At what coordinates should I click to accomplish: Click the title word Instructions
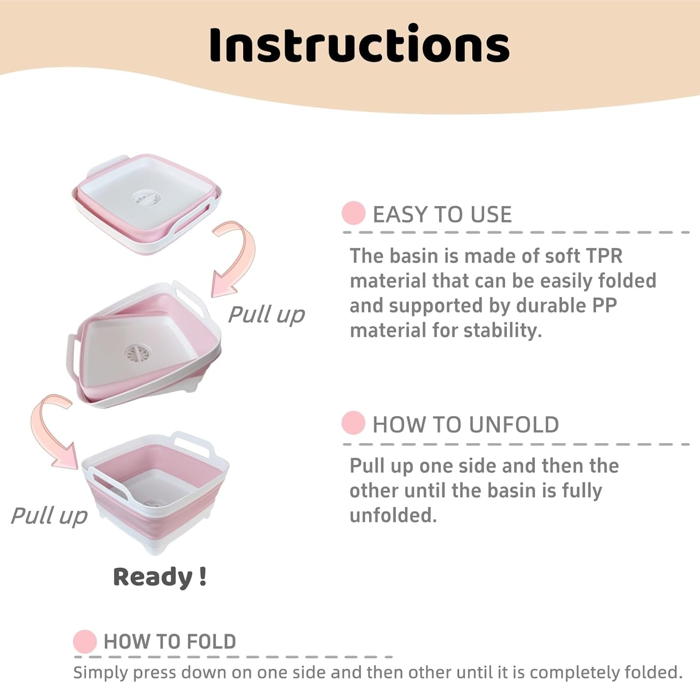point(359,45)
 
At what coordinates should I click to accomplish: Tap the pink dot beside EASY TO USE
point(353,213)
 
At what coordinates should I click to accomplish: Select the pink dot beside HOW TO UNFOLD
point(353,423)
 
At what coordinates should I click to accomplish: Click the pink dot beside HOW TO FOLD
point(85,641)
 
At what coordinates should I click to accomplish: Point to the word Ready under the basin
point(153,577)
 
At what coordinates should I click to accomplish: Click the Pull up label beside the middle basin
point(266,314)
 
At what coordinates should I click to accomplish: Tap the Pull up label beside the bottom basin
point(49,515)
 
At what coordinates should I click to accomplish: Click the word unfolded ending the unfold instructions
point(393,515)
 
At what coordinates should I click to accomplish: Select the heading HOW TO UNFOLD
point(466,425)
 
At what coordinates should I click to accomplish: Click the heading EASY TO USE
point(442,215)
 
